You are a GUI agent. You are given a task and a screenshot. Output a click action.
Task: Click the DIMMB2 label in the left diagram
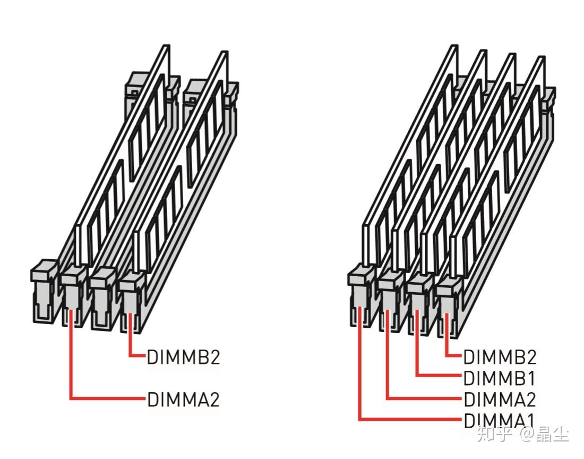183,357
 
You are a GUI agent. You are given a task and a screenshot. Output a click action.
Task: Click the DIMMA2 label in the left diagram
183,399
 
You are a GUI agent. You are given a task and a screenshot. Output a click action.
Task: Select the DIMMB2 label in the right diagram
500,357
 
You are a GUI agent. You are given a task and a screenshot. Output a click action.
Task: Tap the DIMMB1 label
499,378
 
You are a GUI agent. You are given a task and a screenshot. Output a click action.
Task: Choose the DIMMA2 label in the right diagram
500,399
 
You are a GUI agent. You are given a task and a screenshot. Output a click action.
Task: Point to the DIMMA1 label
499,420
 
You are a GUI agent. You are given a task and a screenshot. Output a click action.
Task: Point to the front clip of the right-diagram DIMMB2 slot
449,306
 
